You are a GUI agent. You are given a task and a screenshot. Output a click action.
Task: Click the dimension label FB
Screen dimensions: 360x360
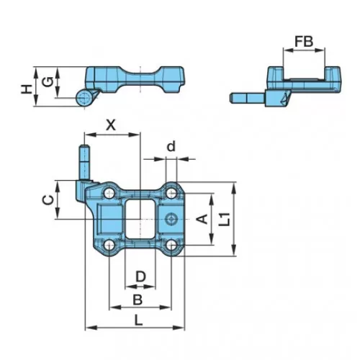coord(304,42)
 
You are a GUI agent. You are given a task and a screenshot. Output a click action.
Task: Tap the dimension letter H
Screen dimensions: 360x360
coord(26,89)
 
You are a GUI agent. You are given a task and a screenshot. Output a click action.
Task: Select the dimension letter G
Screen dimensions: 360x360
coord(48,82)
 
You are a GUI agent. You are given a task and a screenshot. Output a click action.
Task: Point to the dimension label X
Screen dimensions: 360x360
coord(111,125)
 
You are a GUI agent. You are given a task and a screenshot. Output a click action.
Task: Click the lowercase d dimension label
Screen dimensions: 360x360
coord(171,146)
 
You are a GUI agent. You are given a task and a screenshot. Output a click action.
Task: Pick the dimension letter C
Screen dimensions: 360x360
coord(48,200)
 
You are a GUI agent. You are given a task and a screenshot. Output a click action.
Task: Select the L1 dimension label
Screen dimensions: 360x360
coord(225,219)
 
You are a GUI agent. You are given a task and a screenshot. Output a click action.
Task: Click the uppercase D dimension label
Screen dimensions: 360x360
coord(140,276)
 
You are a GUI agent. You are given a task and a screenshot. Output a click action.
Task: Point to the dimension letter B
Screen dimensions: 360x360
coord(138,300)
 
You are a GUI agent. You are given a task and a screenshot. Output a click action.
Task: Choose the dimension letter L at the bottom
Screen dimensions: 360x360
coord(138,320)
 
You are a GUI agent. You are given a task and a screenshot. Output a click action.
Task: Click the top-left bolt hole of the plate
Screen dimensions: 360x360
coord(109,192)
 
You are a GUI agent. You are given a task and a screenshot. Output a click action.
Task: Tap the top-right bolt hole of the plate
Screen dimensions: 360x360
coord(171,193)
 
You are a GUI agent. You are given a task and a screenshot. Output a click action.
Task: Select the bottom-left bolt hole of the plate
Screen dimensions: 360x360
coord(109,246)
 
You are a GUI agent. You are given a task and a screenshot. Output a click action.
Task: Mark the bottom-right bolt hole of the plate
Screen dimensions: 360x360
coord(171,246)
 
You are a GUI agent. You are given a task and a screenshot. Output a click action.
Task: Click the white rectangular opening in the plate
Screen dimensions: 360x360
coord(140,219)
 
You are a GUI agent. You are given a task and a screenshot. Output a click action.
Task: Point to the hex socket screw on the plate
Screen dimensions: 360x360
coord(171,219)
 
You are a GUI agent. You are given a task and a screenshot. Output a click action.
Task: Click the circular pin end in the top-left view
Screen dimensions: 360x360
coord(84,98)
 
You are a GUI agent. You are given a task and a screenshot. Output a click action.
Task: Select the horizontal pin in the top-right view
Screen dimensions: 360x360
coord(248,98)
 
